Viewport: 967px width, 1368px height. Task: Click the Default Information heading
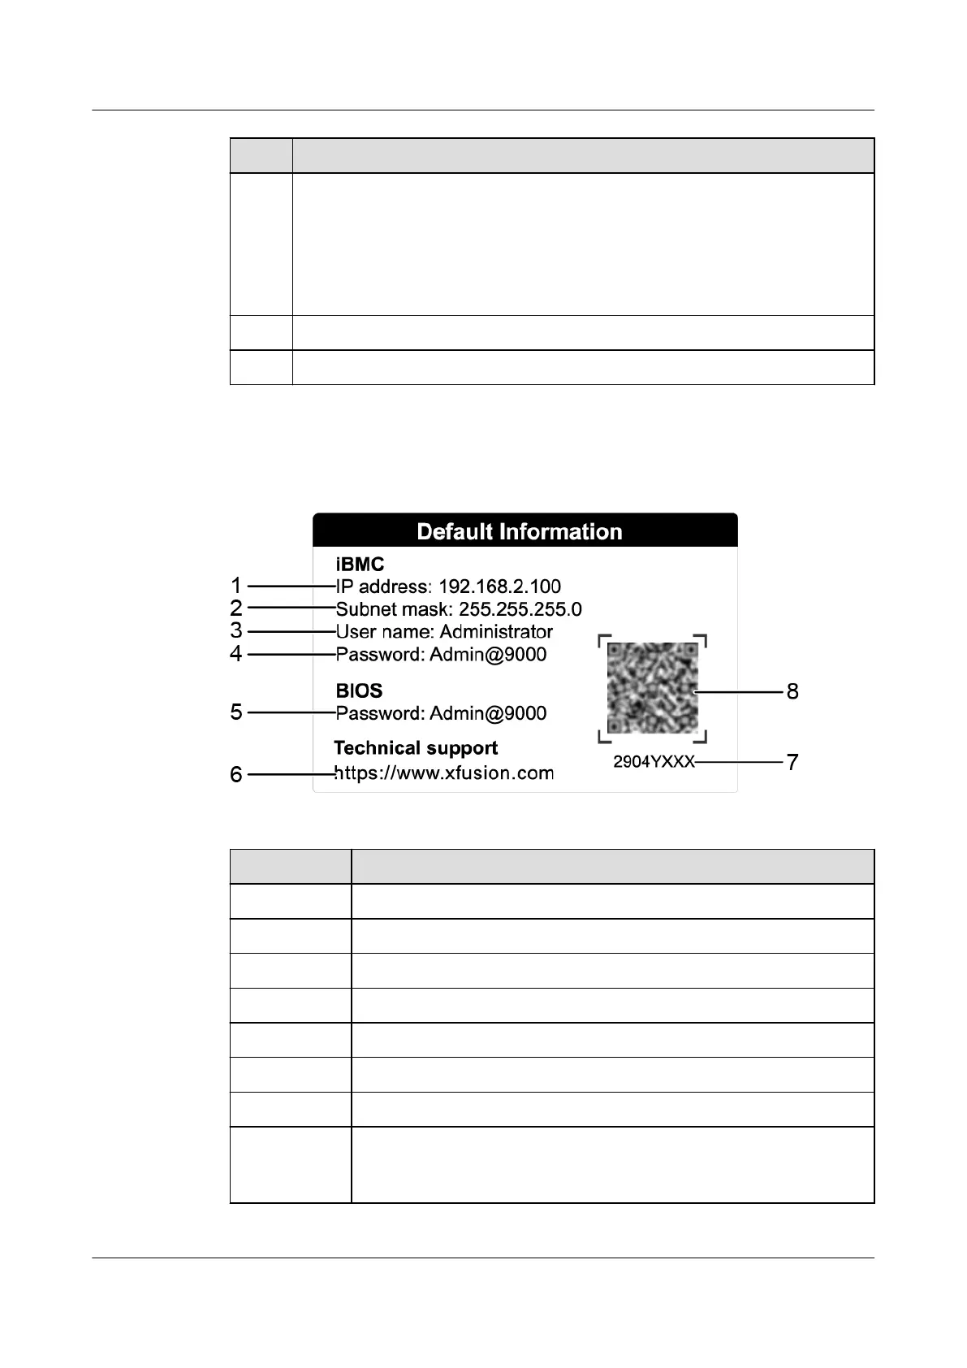519,531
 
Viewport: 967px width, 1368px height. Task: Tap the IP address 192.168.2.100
499,587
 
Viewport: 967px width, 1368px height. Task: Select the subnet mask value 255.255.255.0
520,609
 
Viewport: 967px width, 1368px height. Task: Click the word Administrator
496,632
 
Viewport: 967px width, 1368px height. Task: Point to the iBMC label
360,564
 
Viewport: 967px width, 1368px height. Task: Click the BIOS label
359,690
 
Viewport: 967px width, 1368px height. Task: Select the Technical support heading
416,748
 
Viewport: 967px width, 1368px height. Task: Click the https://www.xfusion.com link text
444,773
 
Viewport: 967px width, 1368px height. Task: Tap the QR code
652,688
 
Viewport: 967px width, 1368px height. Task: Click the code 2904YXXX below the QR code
654,762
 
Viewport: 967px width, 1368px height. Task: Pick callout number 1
235,586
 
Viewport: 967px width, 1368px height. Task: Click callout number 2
235,608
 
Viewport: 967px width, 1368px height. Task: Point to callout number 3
235,630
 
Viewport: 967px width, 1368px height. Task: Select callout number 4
235,653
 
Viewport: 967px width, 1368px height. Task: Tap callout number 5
235,712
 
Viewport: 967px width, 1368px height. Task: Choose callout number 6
235,774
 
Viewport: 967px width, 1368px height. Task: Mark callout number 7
792,762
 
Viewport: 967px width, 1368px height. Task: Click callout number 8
792,691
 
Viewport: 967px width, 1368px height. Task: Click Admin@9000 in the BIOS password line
488,713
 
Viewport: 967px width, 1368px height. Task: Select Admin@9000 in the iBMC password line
488,655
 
